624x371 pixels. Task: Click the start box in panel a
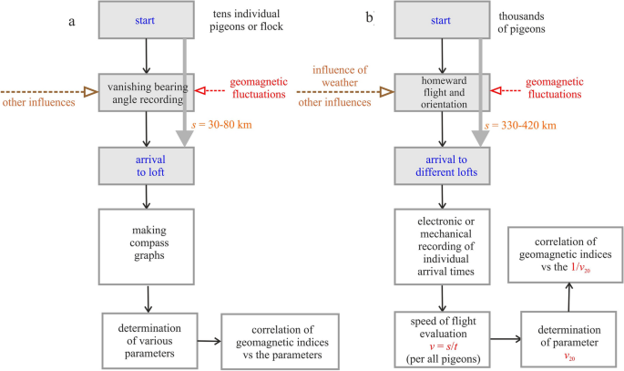coord(147,21)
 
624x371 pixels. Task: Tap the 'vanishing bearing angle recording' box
coord(147,94)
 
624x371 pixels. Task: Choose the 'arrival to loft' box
coord(147,165)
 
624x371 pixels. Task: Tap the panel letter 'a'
coord(70,19)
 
